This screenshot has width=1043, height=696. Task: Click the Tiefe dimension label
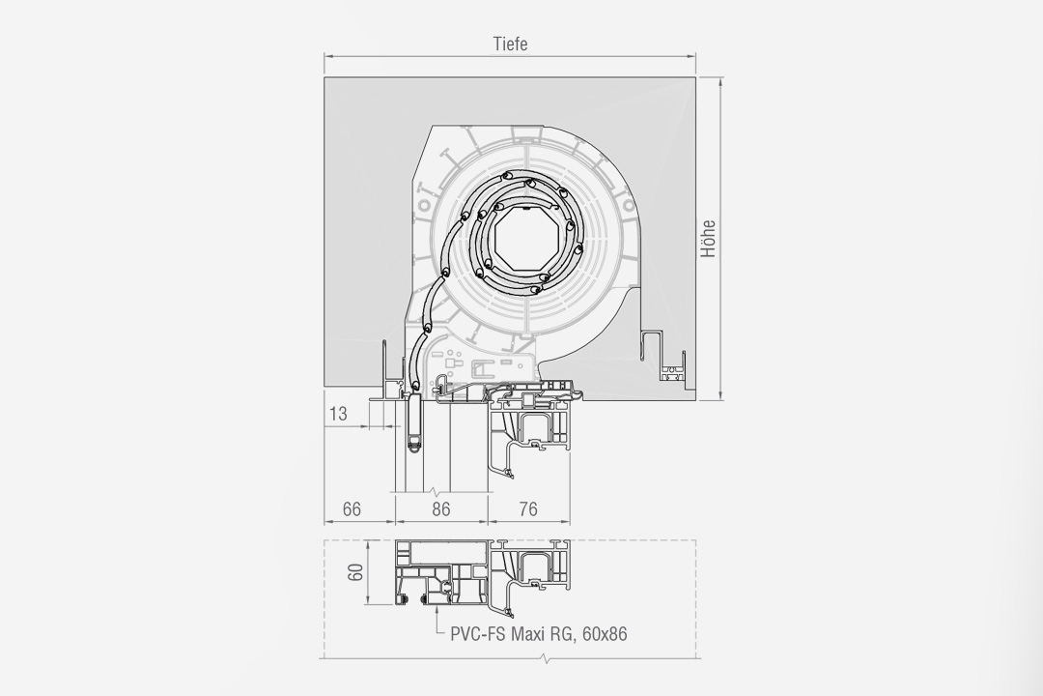510,43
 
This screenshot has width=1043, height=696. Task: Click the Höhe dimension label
709,239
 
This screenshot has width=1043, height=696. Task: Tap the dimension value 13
338,414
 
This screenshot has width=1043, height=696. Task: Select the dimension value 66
352,508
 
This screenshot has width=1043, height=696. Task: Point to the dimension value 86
441,508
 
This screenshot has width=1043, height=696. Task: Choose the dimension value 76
527,508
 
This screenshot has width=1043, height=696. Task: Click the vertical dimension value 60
356,572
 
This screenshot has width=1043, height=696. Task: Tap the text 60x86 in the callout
605,633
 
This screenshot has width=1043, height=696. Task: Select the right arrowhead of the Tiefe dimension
691,56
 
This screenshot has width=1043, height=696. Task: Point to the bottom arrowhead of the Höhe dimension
721,396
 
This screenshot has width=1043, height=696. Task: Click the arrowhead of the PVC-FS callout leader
437,608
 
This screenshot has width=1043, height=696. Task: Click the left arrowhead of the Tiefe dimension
329,56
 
